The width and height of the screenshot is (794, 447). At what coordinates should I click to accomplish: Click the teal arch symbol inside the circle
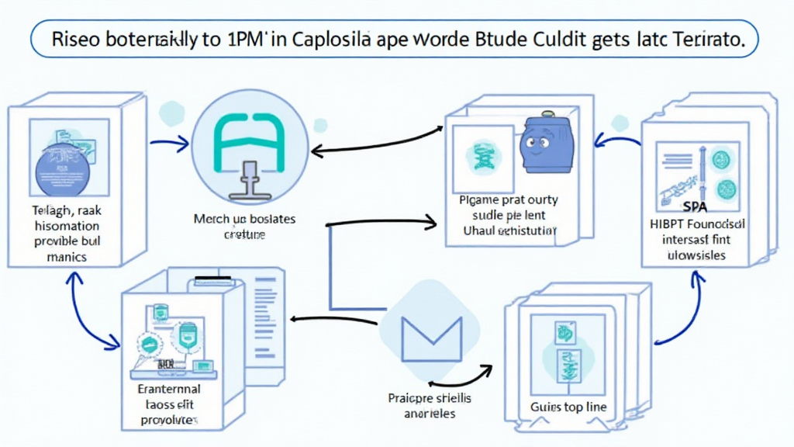(x=249, y=137)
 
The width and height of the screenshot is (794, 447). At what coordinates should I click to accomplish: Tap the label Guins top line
(x=569, y=407)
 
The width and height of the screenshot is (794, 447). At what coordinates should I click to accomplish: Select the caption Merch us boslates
(x=244, y=220)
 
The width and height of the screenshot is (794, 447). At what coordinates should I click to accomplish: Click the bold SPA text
(x=695, y=208)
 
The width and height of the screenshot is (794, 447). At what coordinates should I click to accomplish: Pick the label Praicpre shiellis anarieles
(x=429, y=405)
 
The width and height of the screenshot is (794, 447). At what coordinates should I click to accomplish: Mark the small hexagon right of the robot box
(x=619, y=123)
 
